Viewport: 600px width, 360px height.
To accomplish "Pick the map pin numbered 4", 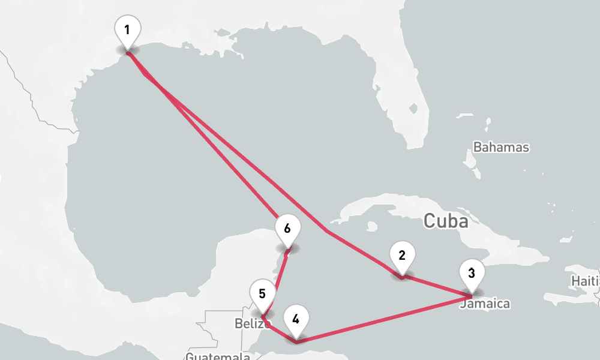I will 296,319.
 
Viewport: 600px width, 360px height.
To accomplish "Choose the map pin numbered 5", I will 262,295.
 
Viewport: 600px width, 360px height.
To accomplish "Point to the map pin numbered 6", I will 287,230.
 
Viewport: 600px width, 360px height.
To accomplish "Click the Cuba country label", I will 445,221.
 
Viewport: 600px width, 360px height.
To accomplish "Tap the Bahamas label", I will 501,147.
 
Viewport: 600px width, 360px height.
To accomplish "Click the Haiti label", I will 586,281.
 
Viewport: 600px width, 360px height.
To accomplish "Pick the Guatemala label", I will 217,356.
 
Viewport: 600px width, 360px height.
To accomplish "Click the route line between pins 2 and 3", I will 437,286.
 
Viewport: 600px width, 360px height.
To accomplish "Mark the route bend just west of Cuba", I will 326,230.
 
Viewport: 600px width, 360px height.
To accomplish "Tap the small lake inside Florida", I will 413,109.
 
